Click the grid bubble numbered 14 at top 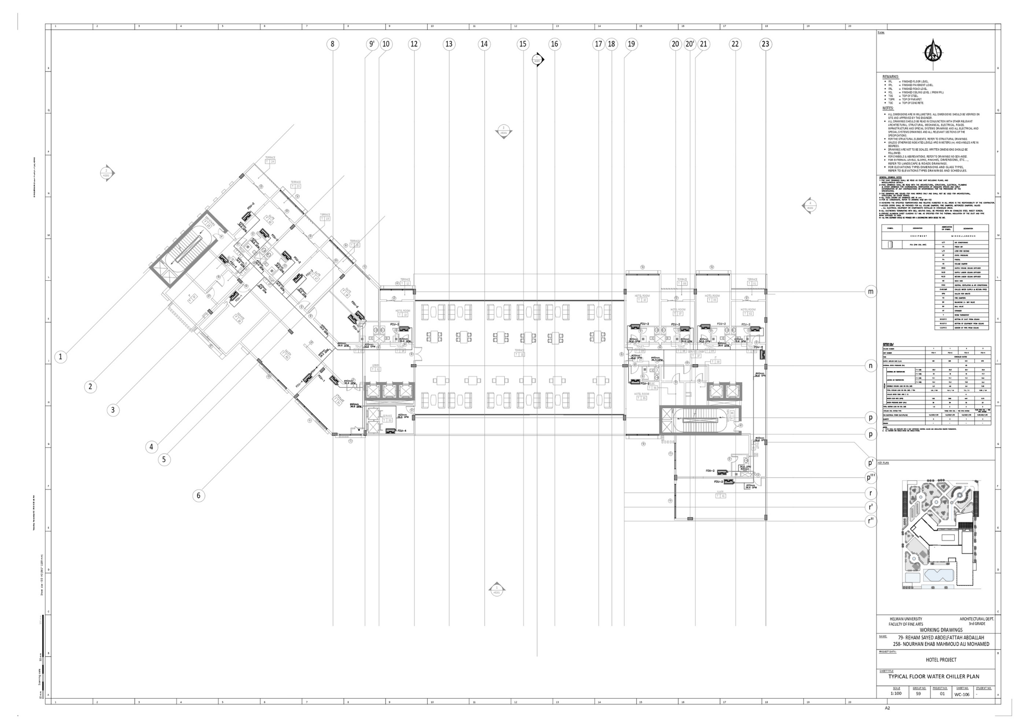[x=484, y=44]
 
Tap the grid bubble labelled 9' [x=372, y=44]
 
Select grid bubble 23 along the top [x=765, y=44]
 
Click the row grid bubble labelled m [x=870, y=291]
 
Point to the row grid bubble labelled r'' [x=870, y=521]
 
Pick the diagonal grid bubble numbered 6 [x=198, y=495]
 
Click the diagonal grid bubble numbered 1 [x=61, y=356]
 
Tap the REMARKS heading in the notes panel [x=891, y=77]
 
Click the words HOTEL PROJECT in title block [x=938, y=660]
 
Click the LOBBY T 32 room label [x=375, y=367]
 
